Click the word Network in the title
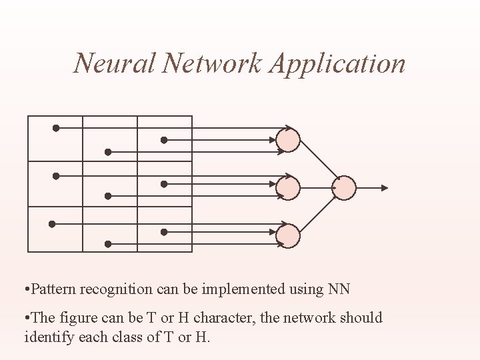[213, 63]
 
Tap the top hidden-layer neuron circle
[289, 140]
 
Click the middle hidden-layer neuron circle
[289, 188]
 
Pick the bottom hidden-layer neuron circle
[289, 235]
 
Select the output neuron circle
[345, 188]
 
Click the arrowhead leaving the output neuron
[383, 188]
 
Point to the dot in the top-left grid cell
[56, 128]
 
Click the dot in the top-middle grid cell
[107, 152]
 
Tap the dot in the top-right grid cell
[164, 140]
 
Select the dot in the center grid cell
[107, 196]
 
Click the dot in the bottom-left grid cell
[51, 224]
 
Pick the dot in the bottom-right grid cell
[164, 232]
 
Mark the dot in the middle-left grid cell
[56, 176]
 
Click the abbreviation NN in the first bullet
[339, 289]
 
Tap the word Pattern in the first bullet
[53, 289]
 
